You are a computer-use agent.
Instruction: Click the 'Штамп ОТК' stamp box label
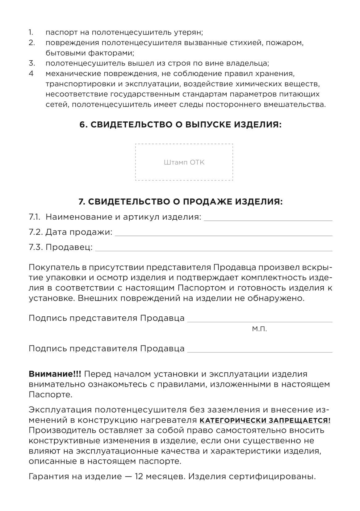pos(184,163)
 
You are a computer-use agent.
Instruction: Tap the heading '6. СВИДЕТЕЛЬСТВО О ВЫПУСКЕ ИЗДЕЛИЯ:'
pos(181,125)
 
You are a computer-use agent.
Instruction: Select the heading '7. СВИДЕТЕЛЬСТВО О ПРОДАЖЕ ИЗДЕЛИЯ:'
pos(181,202)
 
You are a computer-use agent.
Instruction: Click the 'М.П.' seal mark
pos(259,329)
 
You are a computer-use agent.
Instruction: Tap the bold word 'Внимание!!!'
pos(55,374)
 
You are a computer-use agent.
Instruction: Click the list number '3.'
pos(32,63)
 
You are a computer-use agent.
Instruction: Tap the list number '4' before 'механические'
pos(31,74)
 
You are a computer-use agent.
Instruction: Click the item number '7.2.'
pos(36,232)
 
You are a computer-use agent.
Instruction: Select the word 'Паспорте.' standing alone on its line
pos(51,395)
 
